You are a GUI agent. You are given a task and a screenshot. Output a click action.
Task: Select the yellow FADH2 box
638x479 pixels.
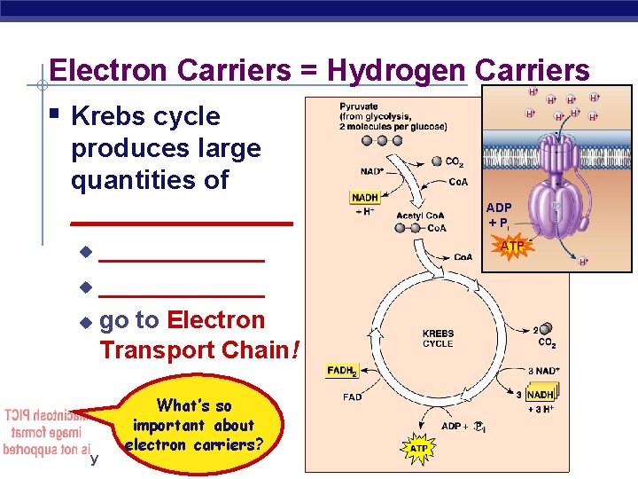tap(342, 371)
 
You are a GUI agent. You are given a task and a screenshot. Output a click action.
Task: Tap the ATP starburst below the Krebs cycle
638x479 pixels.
tap(419, 449)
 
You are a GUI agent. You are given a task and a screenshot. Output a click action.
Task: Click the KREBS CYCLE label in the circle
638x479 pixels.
tap(438, 339)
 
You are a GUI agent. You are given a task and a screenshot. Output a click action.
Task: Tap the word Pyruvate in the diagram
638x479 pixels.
tap(359, 106)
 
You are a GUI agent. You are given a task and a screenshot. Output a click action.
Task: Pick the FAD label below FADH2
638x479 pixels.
tap(353, 397)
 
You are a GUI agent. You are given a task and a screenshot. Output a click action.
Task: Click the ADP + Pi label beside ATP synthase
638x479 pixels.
tap(498, 215)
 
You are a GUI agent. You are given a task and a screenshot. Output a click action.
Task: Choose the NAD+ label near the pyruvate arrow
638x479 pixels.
tap(371, 169)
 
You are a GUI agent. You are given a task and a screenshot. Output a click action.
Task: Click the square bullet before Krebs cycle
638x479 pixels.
tap(55, 114)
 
